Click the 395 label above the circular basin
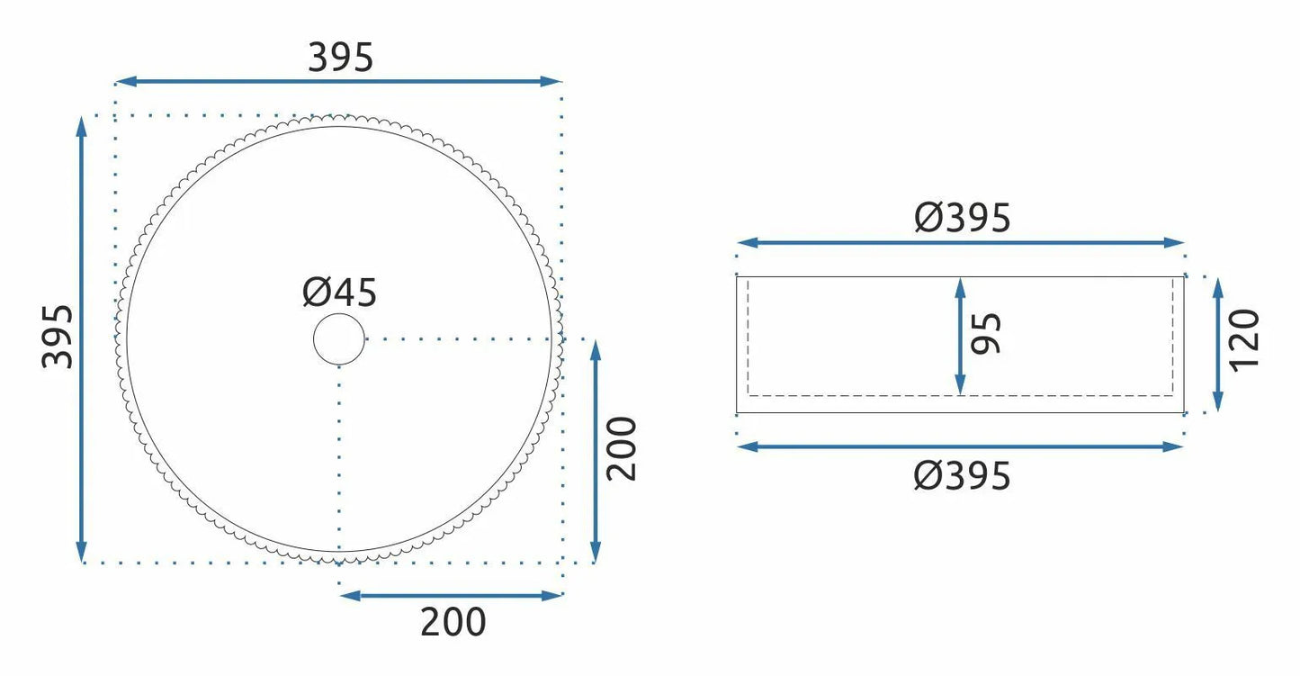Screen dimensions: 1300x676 [340, 58]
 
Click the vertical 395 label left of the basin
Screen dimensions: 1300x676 [58, 337]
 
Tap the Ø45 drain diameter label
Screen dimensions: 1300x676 [339, 293]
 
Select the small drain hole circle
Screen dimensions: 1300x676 [339, 339]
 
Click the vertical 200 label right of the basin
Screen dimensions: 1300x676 [622, 448]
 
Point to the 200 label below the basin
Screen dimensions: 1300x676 [453, 622]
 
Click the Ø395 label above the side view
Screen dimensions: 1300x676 [963, 218]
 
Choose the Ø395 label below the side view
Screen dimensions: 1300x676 [963, 475]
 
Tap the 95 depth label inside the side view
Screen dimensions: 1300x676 [986, 333]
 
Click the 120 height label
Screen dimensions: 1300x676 [1244, 340]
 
